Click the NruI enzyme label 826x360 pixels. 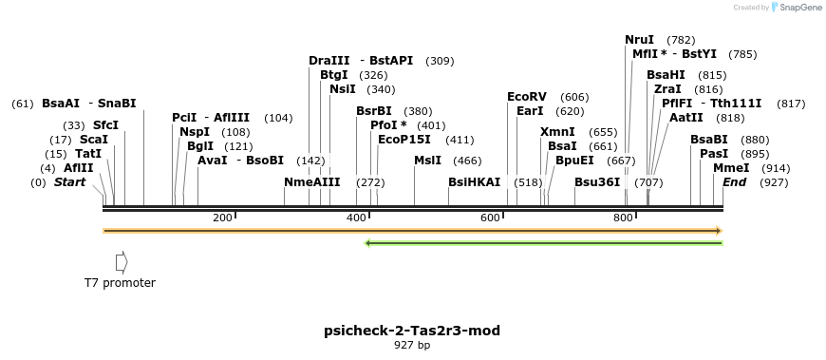tap(639, 40)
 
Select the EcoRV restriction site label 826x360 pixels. tap(527, 97)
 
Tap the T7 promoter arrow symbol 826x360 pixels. tap(121, 261)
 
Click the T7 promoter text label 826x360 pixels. tap(120, 282)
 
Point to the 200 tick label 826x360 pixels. tap(222, 218)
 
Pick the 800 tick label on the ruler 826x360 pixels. tap(623, 218)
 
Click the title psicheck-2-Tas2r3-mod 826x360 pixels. tap(412, 331)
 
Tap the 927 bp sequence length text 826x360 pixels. tap(412, 346)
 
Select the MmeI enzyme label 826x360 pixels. tap(731, 167)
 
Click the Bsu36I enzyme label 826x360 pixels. tap(597, 181)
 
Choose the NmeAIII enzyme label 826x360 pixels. tap(311, 181)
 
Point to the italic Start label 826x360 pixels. tap(69, 181)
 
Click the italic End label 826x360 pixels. tap(734, 181)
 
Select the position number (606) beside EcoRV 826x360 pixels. tap(574, 97)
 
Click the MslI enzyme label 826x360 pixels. tap(427, 161)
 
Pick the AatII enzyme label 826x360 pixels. tap(686, 118)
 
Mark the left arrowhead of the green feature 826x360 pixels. tap(368, 243)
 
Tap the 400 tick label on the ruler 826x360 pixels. tap(356, 218)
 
